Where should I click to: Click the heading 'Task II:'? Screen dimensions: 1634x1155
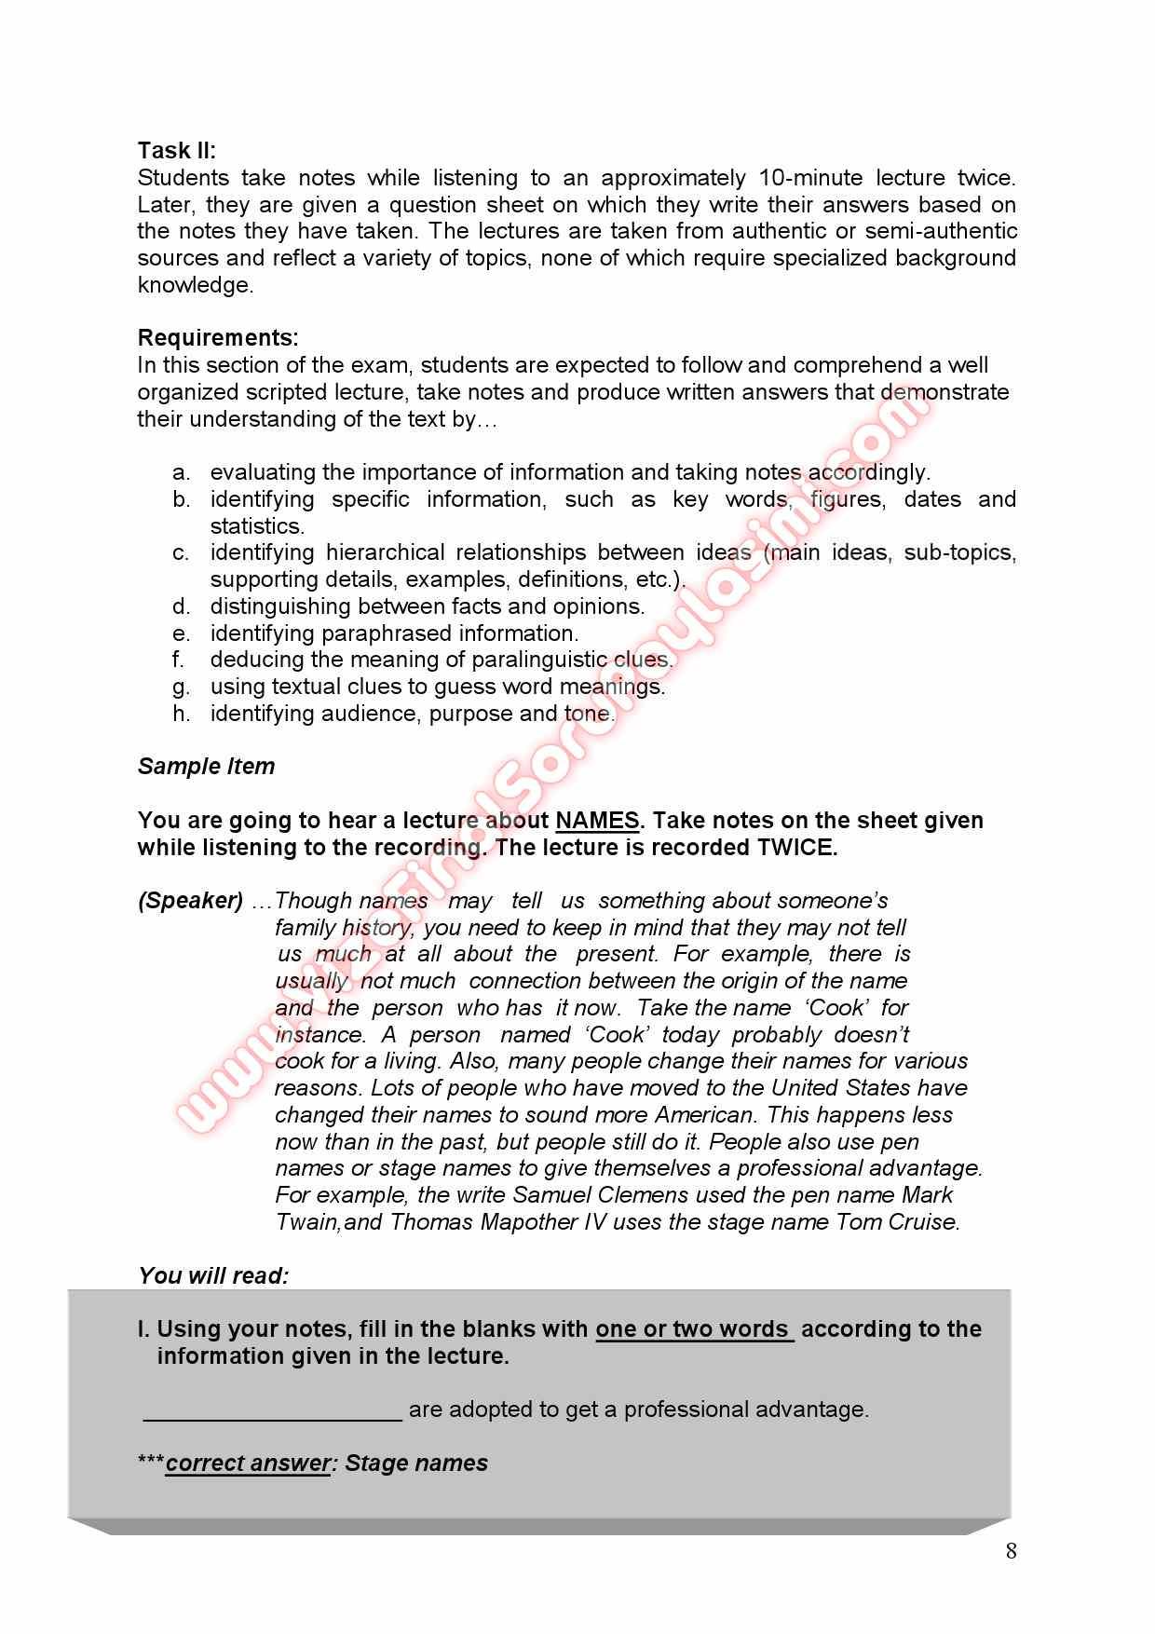tap(176, 151)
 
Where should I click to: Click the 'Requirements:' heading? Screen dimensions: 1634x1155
tap(218, 337)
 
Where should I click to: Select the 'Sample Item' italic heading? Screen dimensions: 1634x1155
tap(206, 767)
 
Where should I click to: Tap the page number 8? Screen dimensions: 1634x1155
tap(1011, 1551)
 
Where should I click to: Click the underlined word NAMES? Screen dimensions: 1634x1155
tap(597, 821)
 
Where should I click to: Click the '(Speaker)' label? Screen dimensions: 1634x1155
tap(190, 901)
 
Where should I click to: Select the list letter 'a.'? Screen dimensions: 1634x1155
tap(182, 472)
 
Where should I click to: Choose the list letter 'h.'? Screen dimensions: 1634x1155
tap(182, 714)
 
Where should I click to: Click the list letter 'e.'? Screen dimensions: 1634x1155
tap(182, 633)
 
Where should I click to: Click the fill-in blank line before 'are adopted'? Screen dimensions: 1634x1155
tap(272, 1409)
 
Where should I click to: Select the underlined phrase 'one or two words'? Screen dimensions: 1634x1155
tap(693, 1329)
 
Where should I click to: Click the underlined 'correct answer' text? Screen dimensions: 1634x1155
tap(248, 1464)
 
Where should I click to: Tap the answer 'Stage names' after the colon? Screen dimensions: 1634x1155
tap(416, 1464)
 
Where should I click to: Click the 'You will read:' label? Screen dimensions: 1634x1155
tap(213, 1276)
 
